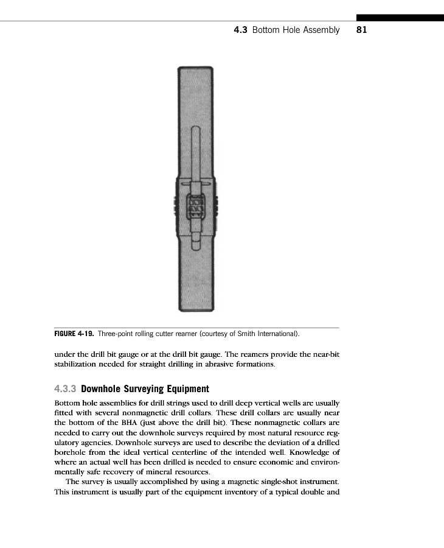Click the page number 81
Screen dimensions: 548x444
[361, 30]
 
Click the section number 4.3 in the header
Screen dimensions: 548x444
[240, 30]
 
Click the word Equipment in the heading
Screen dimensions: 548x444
[188, 388]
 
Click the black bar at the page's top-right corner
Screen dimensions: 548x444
[400, 18]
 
